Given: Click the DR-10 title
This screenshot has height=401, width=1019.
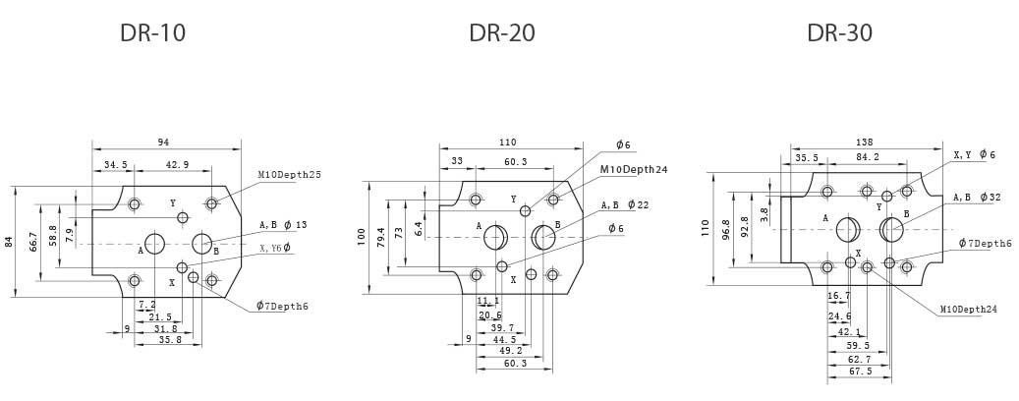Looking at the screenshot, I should pos(152,33).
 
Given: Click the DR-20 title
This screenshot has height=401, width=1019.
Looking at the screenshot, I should pos(502,33).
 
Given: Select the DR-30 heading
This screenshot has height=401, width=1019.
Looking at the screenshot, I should pos(839,33).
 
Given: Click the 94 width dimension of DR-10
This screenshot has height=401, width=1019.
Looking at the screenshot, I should pos(163,143).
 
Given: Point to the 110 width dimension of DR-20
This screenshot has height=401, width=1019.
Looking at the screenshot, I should pos(506,143).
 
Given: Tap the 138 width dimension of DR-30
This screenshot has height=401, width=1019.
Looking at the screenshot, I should pos(864,143).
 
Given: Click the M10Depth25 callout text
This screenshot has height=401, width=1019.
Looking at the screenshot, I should pos(290,175).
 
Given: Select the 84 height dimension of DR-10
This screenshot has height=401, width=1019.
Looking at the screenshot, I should pos(11,242).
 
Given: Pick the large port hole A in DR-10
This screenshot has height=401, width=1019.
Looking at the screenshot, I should pos(155,244).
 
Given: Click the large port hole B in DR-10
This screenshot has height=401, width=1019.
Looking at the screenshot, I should pos(202,243).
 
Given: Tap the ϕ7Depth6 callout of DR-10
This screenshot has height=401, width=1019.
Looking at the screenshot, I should pos(282,307).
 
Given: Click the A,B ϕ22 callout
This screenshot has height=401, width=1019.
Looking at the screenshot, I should pos(625,205).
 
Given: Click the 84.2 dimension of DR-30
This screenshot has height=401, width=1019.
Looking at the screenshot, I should pos(867,156).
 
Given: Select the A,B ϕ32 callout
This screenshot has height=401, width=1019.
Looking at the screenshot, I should pos(976,198).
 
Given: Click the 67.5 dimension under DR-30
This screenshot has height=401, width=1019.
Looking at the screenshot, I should pos(860,372).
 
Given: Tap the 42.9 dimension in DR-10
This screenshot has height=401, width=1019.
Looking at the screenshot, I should pos(178,165).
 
